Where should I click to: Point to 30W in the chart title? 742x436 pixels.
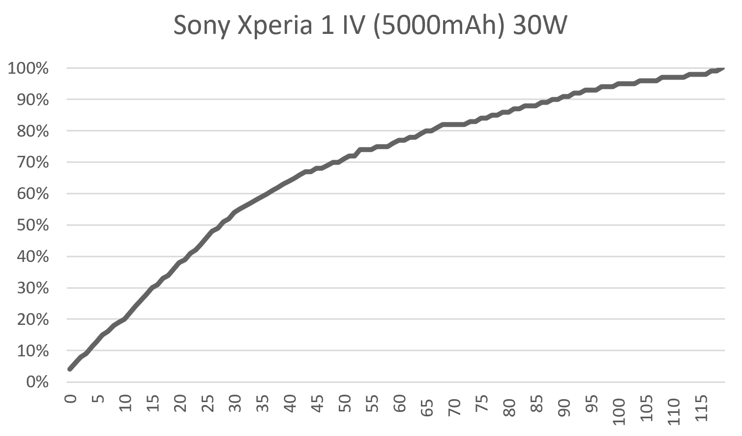pos(539,26)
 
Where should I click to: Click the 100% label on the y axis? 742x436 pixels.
pos(28,68)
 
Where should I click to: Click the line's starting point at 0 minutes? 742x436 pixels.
pos(70,369)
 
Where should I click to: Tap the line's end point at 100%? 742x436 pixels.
pos(723,68)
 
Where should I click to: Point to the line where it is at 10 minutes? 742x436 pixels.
pos(125,319)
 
